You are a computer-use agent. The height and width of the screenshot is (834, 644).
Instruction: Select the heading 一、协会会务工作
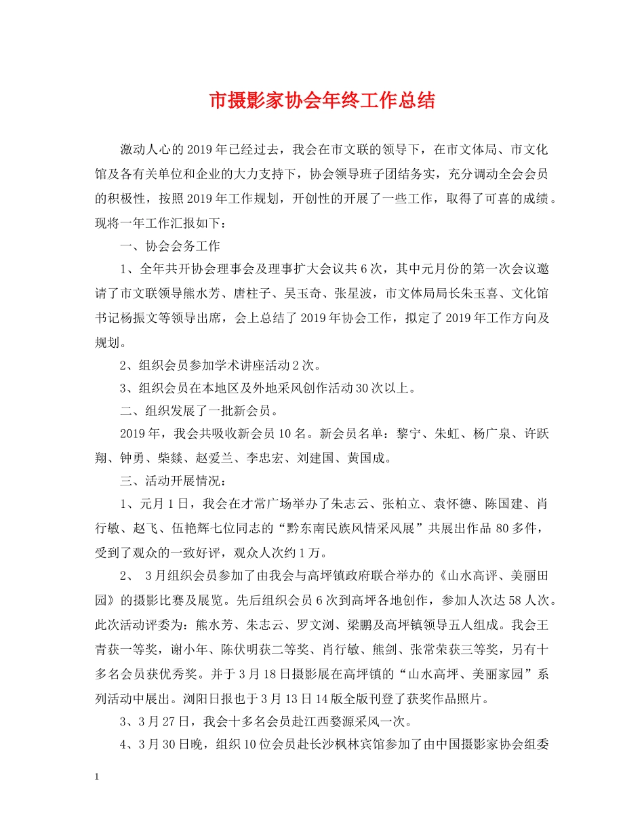(169, 246)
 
